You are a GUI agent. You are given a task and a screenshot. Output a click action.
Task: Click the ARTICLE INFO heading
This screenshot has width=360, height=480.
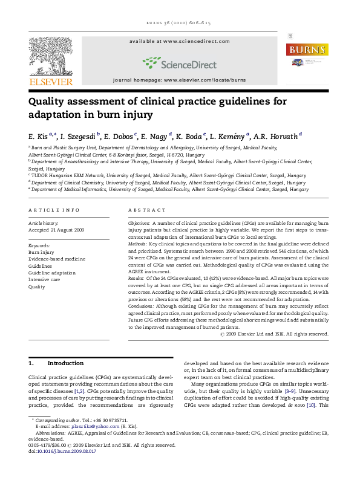pos(54,210)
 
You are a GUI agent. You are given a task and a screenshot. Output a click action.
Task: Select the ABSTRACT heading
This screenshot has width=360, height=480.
pos(146,210)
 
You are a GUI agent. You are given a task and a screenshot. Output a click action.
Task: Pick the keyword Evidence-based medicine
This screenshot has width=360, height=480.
pos(57,259)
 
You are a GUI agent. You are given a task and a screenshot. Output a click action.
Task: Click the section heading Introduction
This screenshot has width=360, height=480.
pos(65,363)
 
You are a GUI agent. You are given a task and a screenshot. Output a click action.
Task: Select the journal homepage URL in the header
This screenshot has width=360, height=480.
pos(180,80)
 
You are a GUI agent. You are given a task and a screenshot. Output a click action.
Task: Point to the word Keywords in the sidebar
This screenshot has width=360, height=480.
pos(40,245)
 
